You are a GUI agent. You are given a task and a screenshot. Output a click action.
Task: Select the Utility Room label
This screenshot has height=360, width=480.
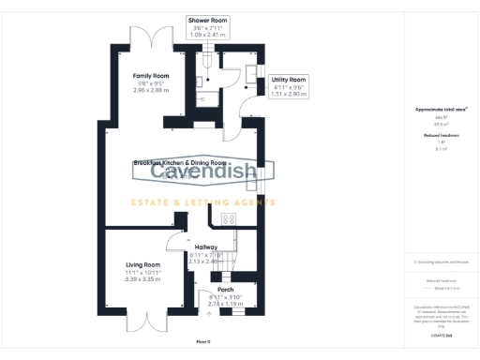click(x=288, y=81)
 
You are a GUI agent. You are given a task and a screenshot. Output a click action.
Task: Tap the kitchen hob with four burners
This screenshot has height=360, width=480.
click(x=229, y=218)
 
